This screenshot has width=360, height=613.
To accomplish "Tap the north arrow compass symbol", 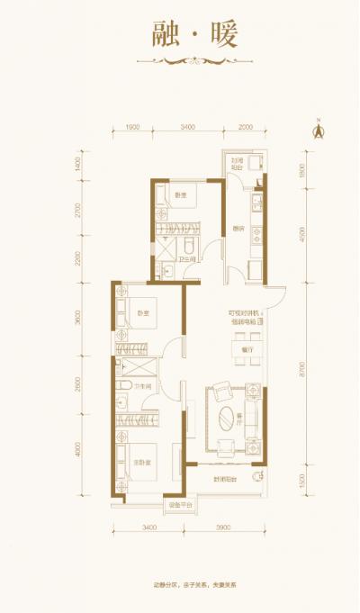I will point(317,128).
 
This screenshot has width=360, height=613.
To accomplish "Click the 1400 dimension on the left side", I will point(79,165).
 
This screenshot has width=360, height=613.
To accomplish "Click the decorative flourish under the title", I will point(180,61).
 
